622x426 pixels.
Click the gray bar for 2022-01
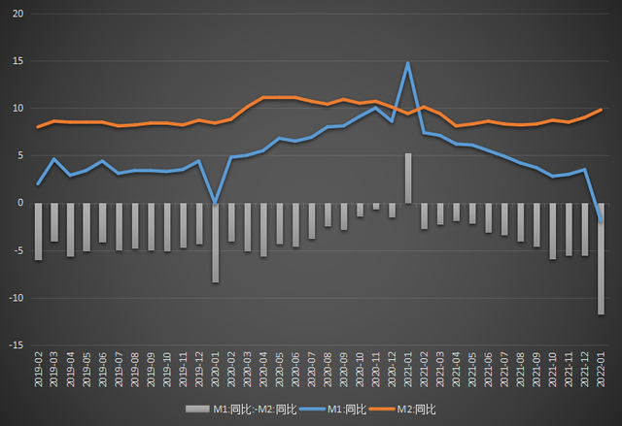tap(601, 258)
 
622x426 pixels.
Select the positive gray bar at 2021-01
tap(408, 179)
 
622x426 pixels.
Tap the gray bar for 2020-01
tap(215, 243)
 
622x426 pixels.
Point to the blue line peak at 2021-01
tap(408, 63)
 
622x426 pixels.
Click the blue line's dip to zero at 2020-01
tap(215, 203)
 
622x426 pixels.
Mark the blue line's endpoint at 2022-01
tap(601, 222)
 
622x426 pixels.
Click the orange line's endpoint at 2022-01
tap(601, 110)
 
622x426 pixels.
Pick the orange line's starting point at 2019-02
tap(38, 127)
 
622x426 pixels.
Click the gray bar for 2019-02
tap(38, 232)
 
